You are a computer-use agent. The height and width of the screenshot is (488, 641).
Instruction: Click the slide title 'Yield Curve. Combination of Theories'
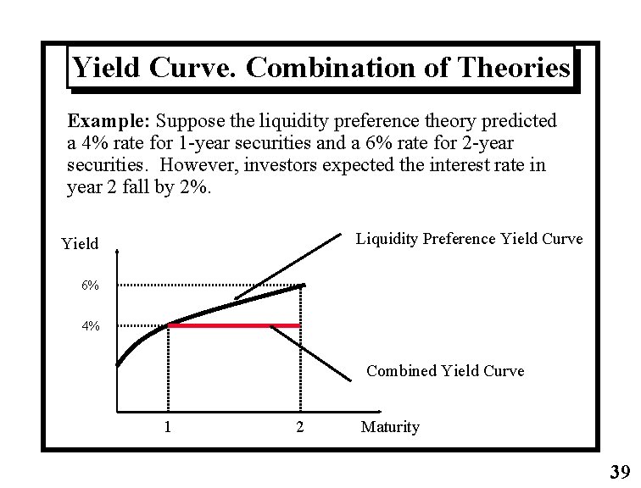click(320, 68)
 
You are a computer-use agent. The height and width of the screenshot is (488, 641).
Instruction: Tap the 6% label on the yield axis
click(90, 286)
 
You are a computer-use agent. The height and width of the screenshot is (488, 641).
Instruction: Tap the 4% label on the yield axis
click(90, 326)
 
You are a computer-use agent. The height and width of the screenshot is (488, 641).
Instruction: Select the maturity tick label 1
click(168, 426)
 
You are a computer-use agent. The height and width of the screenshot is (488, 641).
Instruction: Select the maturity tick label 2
click(299, 426)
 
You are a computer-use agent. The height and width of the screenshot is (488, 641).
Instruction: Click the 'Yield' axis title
click(80, 244)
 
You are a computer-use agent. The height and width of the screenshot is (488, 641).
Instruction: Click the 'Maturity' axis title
click(390, 427)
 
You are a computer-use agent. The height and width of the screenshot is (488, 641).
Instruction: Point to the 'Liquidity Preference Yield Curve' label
click(469, 239)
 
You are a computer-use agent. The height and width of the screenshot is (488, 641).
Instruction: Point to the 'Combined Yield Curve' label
click(445, 371)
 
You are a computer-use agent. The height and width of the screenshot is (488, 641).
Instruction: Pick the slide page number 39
click(620, 472)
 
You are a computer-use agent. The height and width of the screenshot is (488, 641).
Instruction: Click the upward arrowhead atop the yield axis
click(117, 252)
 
